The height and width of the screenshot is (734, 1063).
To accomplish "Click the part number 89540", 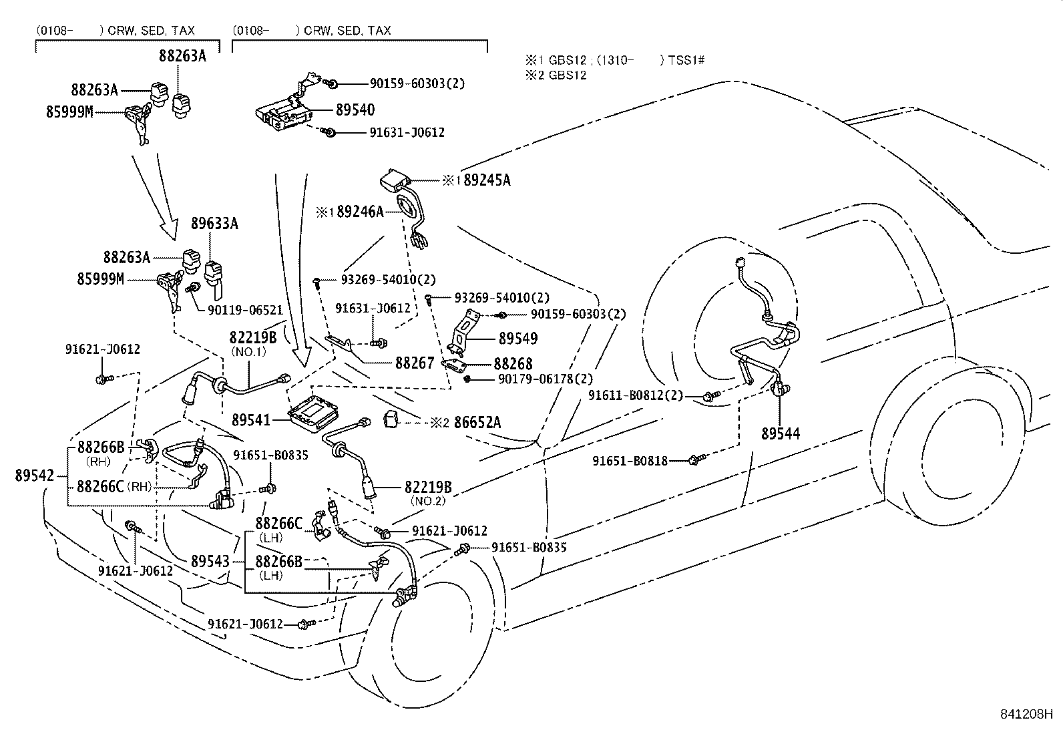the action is (355, 110).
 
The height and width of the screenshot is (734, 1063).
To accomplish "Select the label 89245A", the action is (487, 180).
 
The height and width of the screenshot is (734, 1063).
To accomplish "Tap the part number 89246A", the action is (360, 212).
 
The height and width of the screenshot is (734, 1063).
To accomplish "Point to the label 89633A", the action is (214, 223).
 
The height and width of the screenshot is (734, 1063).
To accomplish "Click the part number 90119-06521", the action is (245, 310).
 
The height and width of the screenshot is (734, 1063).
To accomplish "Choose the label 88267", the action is (415, 363).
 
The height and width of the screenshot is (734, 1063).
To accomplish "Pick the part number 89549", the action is (517, 339).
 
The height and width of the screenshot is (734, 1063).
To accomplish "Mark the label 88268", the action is (513, 364).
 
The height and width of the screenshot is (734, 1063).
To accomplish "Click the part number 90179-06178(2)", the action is (546, 379).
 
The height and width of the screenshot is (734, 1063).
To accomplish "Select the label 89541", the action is (251, 420).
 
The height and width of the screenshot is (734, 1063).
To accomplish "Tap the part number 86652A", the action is (477, 423).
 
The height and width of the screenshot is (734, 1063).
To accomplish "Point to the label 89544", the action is (781, 433).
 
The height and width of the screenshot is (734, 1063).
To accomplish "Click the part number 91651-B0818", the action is (630, 461).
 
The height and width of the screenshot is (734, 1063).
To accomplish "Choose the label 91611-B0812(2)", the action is (636, 395).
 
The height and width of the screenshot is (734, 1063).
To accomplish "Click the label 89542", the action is (34, 476).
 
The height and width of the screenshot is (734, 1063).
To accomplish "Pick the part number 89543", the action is (210, 561).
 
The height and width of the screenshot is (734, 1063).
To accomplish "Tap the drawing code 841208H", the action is (1026, 715).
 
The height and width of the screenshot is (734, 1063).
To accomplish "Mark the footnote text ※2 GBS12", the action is (556, 75).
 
